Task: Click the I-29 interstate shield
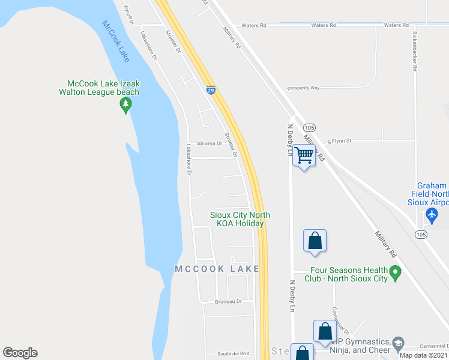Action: coord(211,90)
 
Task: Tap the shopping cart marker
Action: coord(304,155)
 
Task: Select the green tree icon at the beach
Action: coord(125,106)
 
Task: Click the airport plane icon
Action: coord(432,214)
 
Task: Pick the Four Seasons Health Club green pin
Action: coord(395,274)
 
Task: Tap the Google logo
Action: coord(20,353)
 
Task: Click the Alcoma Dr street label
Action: coord(210,144)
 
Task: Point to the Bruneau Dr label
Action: coord(228,301)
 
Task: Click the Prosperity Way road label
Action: coord(304,88)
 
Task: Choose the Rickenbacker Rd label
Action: coord(414,51)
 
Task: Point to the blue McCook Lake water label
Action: coord(116,41)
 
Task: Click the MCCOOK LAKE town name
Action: coord(217,269)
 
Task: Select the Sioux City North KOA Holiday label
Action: coord(240,219)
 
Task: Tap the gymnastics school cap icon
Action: coord(398,344)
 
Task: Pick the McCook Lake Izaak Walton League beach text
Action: coord(103,88)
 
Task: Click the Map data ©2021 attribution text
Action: coord(423,355)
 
